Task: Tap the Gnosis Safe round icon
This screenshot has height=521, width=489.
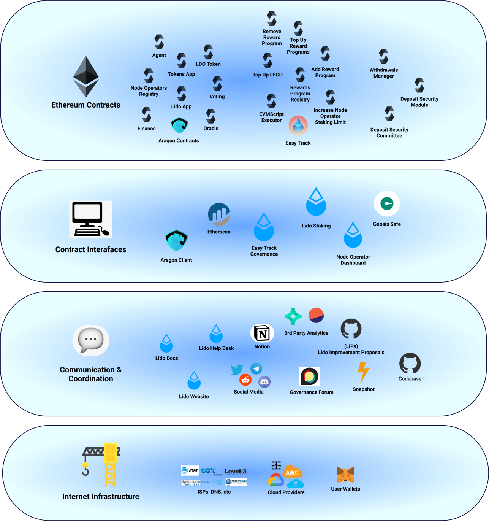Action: click(x=387, y=204)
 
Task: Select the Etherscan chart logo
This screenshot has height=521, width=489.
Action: click(x=219, y=214)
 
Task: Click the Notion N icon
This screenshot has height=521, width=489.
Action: click(x=262, y=334)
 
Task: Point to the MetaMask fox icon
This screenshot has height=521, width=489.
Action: click(x=345, y=475)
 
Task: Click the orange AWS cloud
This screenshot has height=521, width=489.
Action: click(x=292, y=472)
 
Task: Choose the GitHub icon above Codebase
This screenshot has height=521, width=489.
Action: click(x=410, y=364)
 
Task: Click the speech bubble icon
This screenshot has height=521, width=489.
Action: click(x=91, y=340)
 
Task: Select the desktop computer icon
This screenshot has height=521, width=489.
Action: click(x=91, y=219)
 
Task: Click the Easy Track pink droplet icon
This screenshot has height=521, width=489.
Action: click(x=298, y=126)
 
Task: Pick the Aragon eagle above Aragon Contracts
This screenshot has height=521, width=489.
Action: click(x=179, y=125)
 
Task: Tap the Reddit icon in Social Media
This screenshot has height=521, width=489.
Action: click(x=245, y=380)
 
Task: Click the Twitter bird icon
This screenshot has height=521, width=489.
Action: click(x=237, y=369)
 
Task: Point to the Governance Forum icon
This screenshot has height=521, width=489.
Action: click(x=309, y=376)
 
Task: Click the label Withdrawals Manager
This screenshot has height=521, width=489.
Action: click(x=384, y=73)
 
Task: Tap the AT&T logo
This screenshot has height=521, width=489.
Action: click(x=190, y=471)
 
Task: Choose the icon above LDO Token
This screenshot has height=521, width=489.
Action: click(x=208, y=52)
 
